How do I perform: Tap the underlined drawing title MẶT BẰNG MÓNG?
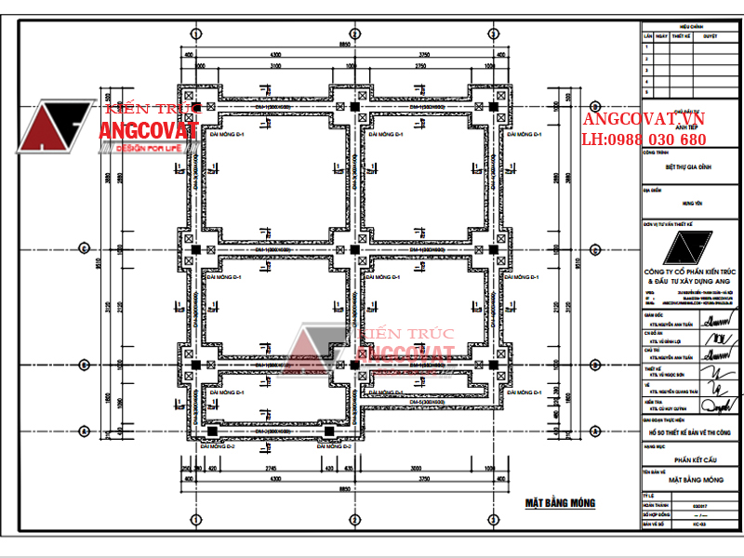559,503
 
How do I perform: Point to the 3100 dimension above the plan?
276,67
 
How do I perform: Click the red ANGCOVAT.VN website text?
644,119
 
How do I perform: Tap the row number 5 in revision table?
646,80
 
